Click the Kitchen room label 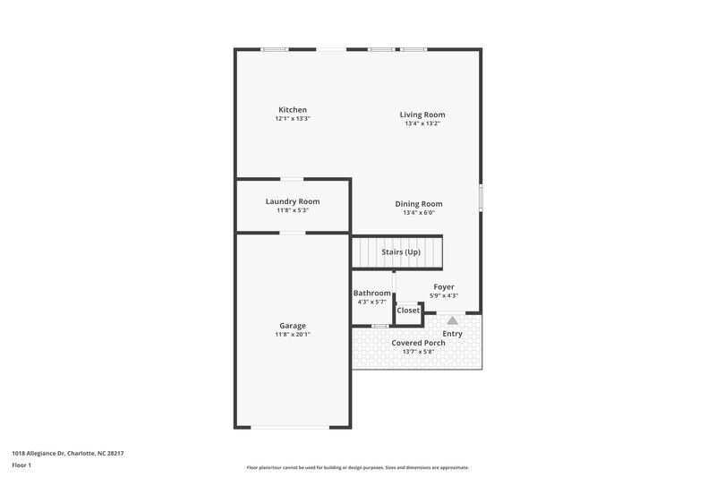coord(292,110)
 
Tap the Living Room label coord(422,115)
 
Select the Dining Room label coord(419,204)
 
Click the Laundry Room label coord(292,201)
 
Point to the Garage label coord(292,326)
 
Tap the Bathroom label coord(371,294)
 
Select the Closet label coord(408,311)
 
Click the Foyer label coord(444,287)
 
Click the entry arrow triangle coord(453,319)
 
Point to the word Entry coord(453,334)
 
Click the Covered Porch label coord(419,344)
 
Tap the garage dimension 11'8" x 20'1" coord(292,335)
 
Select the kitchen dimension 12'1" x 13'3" coord(292,119)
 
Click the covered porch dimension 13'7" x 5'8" coord(419,353)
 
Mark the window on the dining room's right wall coord(481,197)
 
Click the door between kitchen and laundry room coord(292,180)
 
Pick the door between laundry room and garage coord(292,233)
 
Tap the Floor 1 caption coord(22,466)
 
